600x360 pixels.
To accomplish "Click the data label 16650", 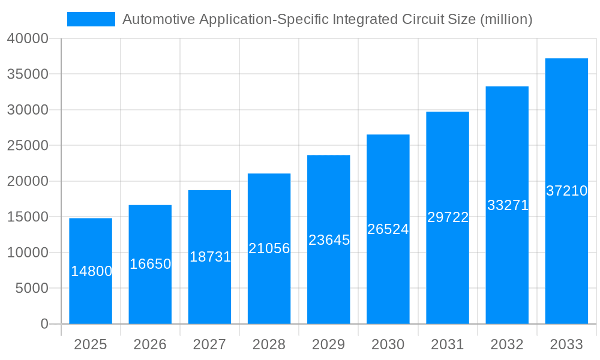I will [x=150, y=264].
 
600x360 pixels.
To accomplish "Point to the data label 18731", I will [x=210, y=257].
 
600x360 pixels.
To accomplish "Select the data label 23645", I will [x=329, y=240].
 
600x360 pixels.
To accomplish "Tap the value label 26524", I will [x=388, y=229].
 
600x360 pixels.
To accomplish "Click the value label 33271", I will [x=508, y=205].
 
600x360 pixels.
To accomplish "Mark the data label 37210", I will [x=566, y=191].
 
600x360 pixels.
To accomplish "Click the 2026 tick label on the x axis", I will [x=150, y=344].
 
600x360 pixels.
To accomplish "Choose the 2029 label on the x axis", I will [x=329, y=344].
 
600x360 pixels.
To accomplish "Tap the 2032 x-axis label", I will [x=507, y=344].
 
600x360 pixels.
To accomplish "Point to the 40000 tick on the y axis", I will [x=28, y=39].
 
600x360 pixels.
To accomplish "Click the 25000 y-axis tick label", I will [x=28, y=146].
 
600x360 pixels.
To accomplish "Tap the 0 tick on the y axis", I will [x=44, y=324].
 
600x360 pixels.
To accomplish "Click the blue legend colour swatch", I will [x=91, y=19].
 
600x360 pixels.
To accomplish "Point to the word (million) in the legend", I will [x=506, y=19].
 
